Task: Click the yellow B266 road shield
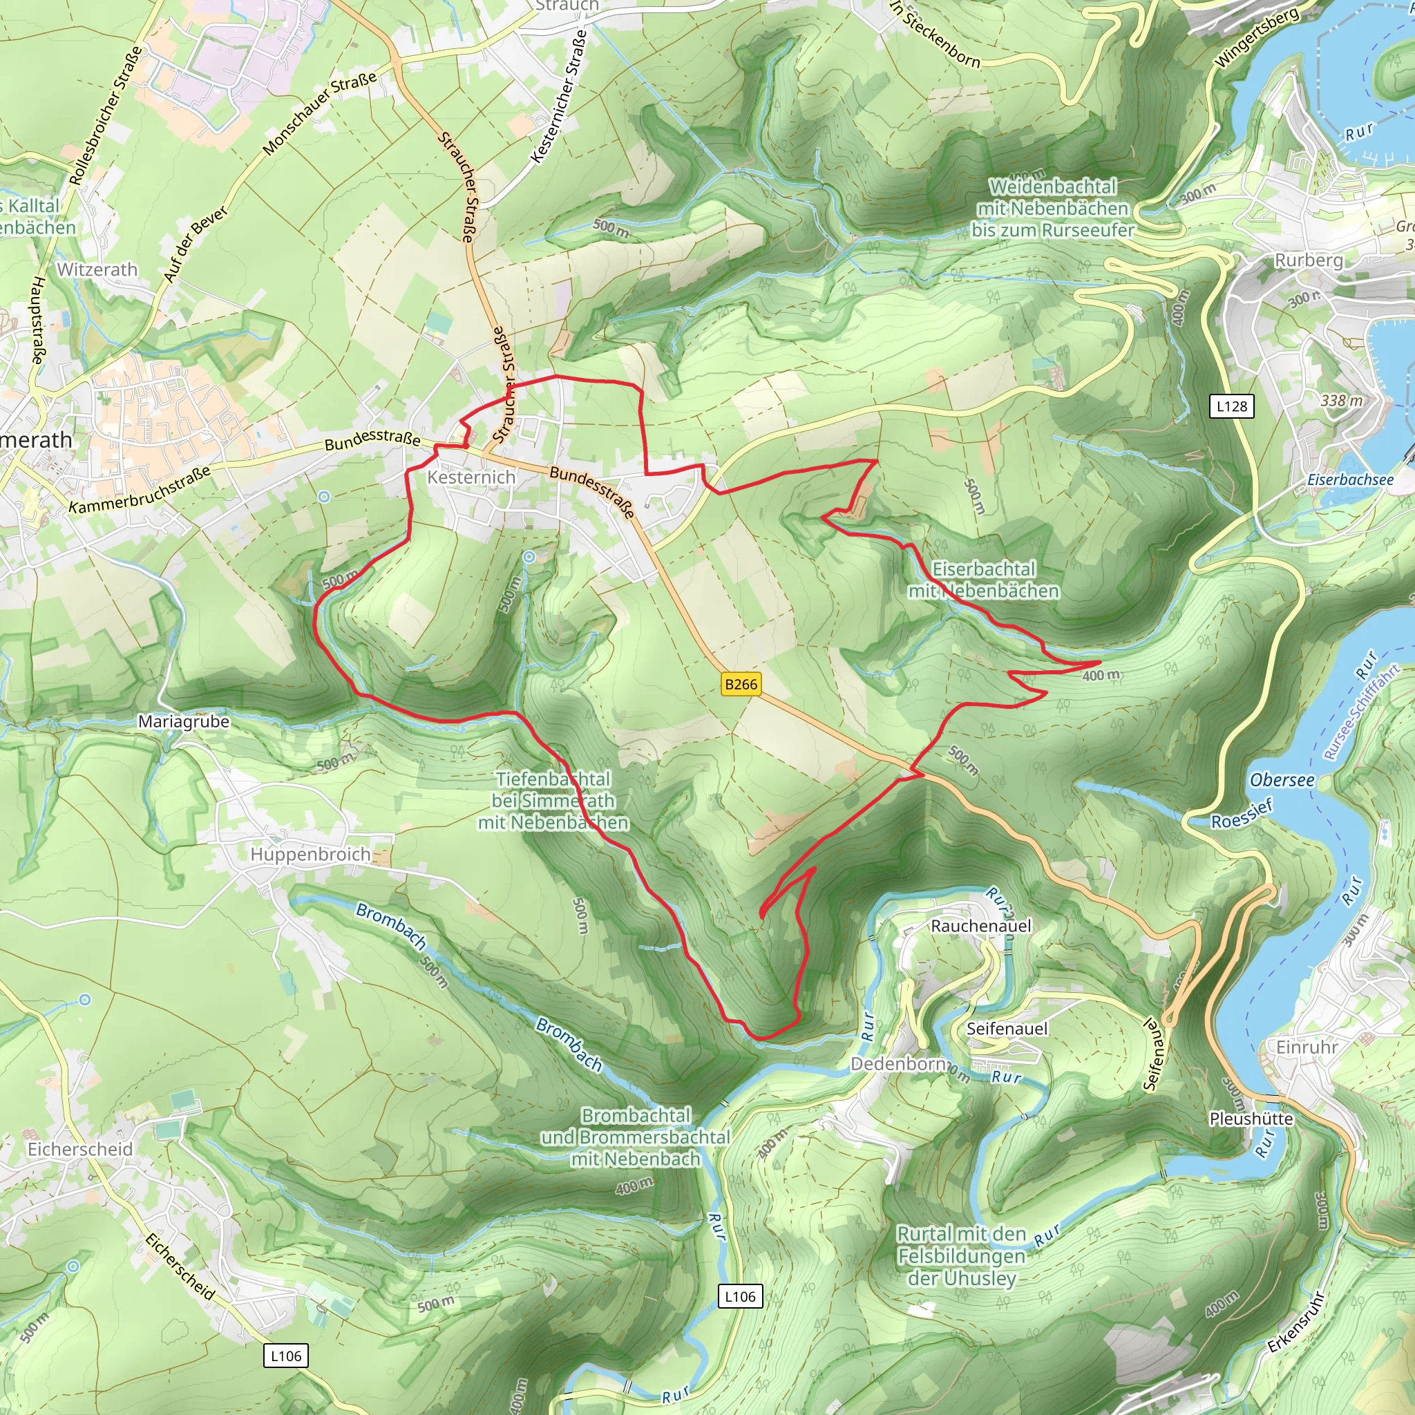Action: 741,684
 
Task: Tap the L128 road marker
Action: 1231,406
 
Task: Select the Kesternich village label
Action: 471,477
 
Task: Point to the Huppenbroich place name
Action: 310,854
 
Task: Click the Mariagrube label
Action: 184,721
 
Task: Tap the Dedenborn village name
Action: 899,1063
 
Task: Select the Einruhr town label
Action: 1307,1047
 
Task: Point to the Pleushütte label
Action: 1251,1119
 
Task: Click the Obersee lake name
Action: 1282,779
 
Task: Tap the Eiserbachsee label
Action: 1351,479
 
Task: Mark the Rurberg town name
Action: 1309,260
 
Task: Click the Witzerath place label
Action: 97,269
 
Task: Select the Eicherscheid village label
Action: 80,1149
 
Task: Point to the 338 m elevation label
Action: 1342,400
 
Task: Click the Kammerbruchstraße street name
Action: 139,488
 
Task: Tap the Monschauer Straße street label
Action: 320,113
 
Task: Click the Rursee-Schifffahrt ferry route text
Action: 1362,711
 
